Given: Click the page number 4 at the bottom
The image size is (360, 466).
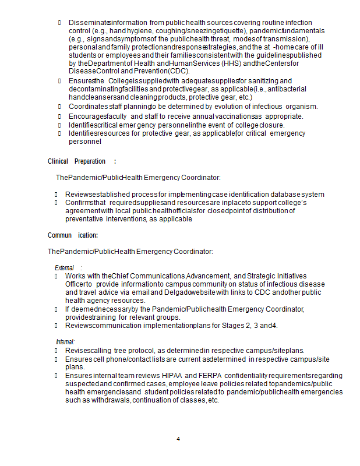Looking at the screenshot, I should [178, 438].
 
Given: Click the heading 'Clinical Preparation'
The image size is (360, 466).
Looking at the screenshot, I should [76, 161].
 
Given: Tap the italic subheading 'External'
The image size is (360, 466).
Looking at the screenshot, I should [65, 267].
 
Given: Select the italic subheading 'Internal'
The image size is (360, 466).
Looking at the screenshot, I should [65, 341].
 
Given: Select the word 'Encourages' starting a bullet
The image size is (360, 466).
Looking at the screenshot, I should [87, 116].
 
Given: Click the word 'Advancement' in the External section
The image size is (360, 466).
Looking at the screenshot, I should [208, 276].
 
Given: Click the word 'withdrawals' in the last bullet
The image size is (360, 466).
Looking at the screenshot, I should [110, 400].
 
